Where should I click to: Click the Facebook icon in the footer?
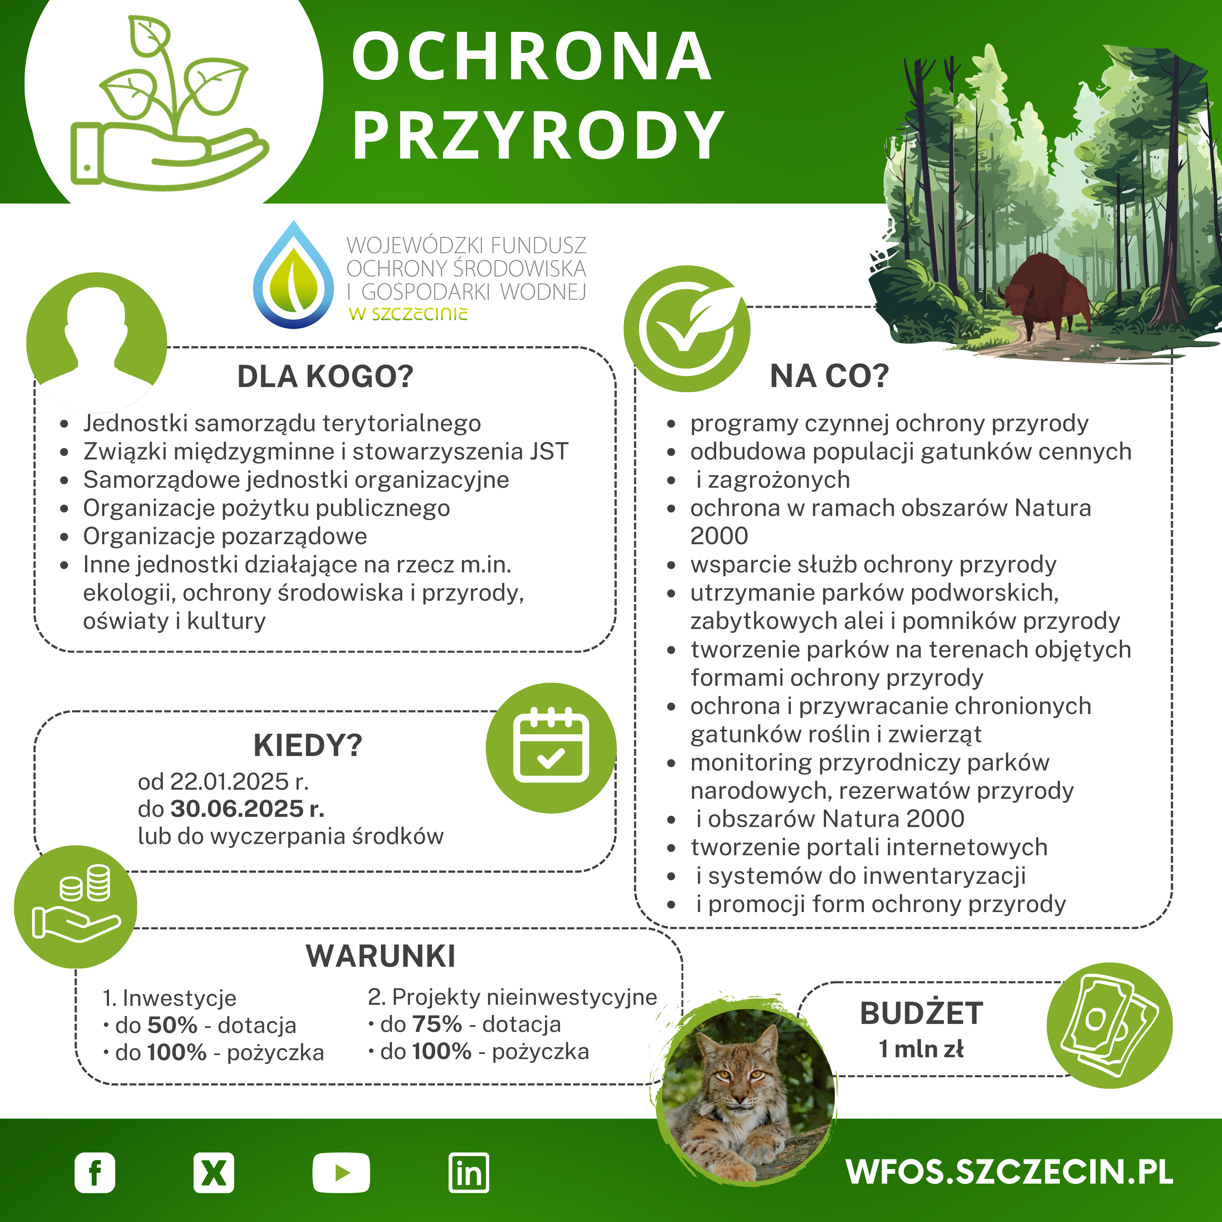click(95, 1173)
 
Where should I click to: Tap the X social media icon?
click(214, 1173)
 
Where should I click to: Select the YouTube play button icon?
click(341, 1173)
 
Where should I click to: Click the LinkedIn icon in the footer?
click(469, 1173)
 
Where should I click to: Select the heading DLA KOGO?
click(325, 377)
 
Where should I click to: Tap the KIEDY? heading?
click(308, 746)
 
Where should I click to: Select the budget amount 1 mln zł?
click(921, 1049)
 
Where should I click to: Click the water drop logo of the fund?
click(294, 276)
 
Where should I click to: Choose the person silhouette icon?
click(96, 341)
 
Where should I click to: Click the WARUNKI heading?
click(381, 956)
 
